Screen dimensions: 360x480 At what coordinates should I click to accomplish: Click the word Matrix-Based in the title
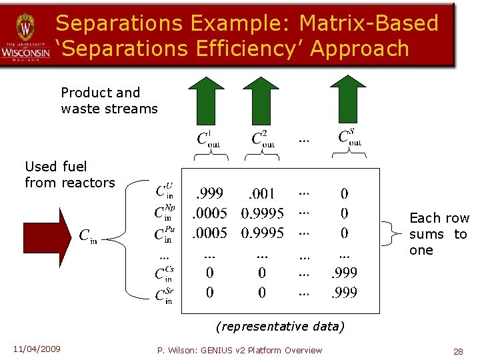(369, 23)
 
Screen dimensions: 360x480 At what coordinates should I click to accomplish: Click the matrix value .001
(261, 194)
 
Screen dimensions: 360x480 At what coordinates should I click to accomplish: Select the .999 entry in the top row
(209, 194)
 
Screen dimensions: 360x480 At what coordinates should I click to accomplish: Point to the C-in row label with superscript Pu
(163, 233)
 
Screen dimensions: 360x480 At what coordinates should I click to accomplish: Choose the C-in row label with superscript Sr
(163, 294)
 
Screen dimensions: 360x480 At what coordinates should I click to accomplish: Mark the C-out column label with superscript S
(349, 138)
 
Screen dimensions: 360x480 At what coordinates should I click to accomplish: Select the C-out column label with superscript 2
(263, 139)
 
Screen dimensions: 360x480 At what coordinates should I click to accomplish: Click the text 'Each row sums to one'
(438, 234)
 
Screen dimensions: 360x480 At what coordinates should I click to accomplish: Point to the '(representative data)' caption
(280, 326)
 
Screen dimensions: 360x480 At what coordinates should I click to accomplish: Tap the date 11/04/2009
(36, 349)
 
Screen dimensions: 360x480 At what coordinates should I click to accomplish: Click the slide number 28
(458, 351)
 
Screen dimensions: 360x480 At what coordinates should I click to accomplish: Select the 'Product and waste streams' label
(109, 101)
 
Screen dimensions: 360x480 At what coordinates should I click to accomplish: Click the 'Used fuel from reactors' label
(69, 174)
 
